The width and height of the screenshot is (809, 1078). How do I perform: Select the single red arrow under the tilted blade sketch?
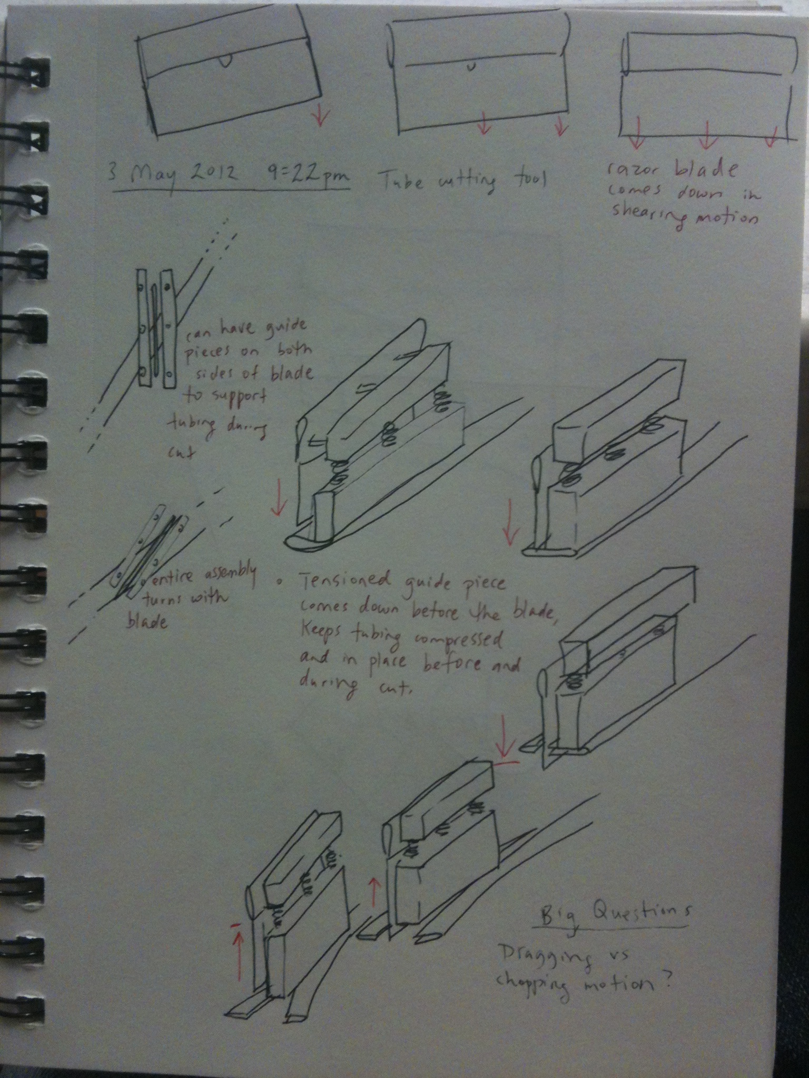[x=319, y=118]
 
